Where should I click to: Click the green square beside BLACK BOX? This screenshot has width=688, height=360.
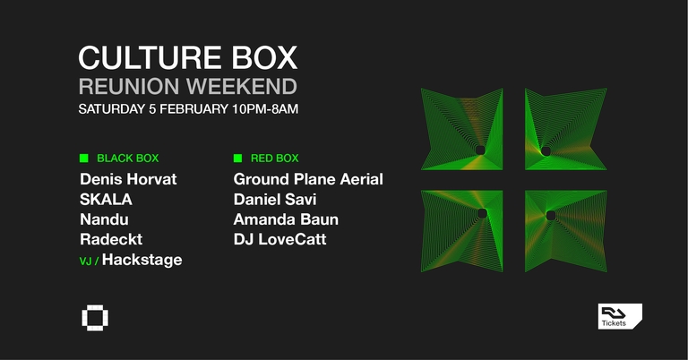point(83,159)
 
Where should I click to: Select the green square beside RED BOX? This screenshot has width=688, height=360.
point(237,159)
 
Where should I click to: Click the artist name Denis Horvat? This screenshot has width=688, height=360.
point(128,179)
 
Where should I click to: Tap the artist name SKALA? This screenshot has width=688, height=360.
point(106,200)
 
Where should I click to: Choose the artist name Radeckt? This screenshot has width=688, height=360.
point(111,239)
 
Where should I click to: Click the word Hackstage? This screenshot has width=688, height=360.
point(142,260)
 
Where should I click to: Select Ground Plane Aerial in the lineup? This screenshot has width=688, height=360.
point(308,179)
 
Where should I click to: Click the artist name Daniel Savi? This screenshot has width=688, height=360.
point(275,199)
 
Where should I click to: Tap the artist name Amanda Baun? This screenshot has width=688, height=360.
point(286,219)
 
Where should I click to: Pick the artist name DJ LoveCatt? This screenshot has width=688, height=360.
point(280,239)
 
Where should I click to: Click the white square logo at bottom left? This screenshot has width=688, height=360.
point(92,318)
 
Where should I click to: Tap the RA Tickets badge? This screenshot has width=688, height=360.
point(620,316)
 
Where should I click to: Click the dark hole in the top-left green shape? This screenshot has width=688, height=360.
point(480,149)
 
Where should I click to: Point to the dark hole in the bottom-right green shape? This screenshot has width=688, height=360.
point(550,214)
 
